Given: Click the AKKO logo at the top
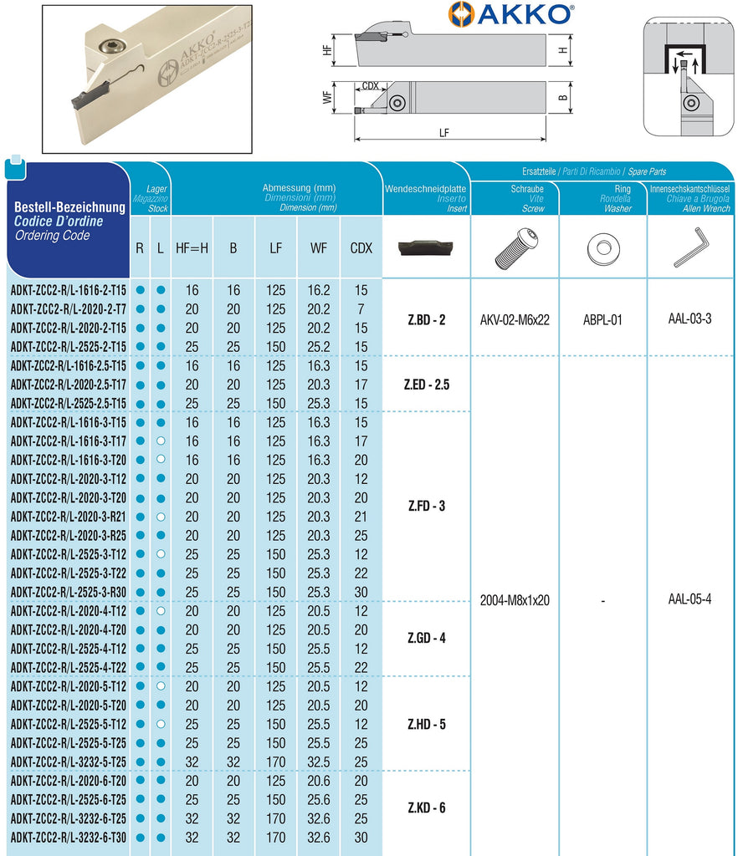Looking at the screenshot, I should pyautogui.click(x=511, y=14).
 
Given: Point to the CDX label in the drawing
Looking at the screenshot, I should pyautogui.click(x=370, y=86).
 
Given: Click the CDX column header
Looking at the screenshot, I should pyautogui.click(x=361, y=248).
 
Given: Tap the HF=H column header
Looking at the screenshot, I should pyautogui.click(x=192, y=248).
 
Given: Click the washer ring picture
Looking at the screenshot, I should pyautogui.click(x=602, y=247).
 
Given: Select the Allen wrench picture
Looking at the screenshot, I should pyautogui.click(x=690, y=248).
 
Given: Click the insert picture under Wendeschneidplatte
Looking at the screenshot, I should pyautogui.click(x=425, y=247).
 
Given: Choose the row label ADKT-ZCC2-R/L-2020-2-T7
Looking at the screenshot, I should pyautogui.click(x=69, y=309).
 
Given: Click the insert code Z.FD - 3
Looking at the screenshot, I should pyautogui.click(x=426, y=507).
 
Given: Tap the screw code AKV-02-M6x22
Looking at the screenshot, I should pyautogui.click(x=515, y=319).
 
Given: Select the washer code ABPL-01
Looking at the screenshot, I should pyautogui.click(x=602, y=319).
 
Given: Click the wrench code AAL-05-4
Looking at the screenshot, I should pyautogui.click(x=690, y=599).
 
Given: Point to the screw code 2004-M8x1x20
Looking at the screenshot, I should pyautogui.click(x=515, y=600).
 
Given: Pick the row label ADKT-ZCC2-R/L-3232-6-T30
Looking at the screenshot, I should pyautogui.click(x=69, y=837).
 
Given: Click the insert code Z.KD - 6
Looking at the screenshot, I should pyautogui.click(x=426, y=808).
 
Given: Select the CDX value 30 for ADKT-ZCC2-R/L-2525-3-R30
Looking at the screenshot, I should pyautogui.click(x=361, y=592).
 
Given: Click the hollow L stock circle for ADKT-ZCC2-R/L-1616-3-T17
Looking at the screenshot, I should pyautogui.click(x=161, y=441).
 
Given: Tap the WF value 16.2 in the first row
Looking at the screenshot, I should pyautogui.click(x=319, y=290).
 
